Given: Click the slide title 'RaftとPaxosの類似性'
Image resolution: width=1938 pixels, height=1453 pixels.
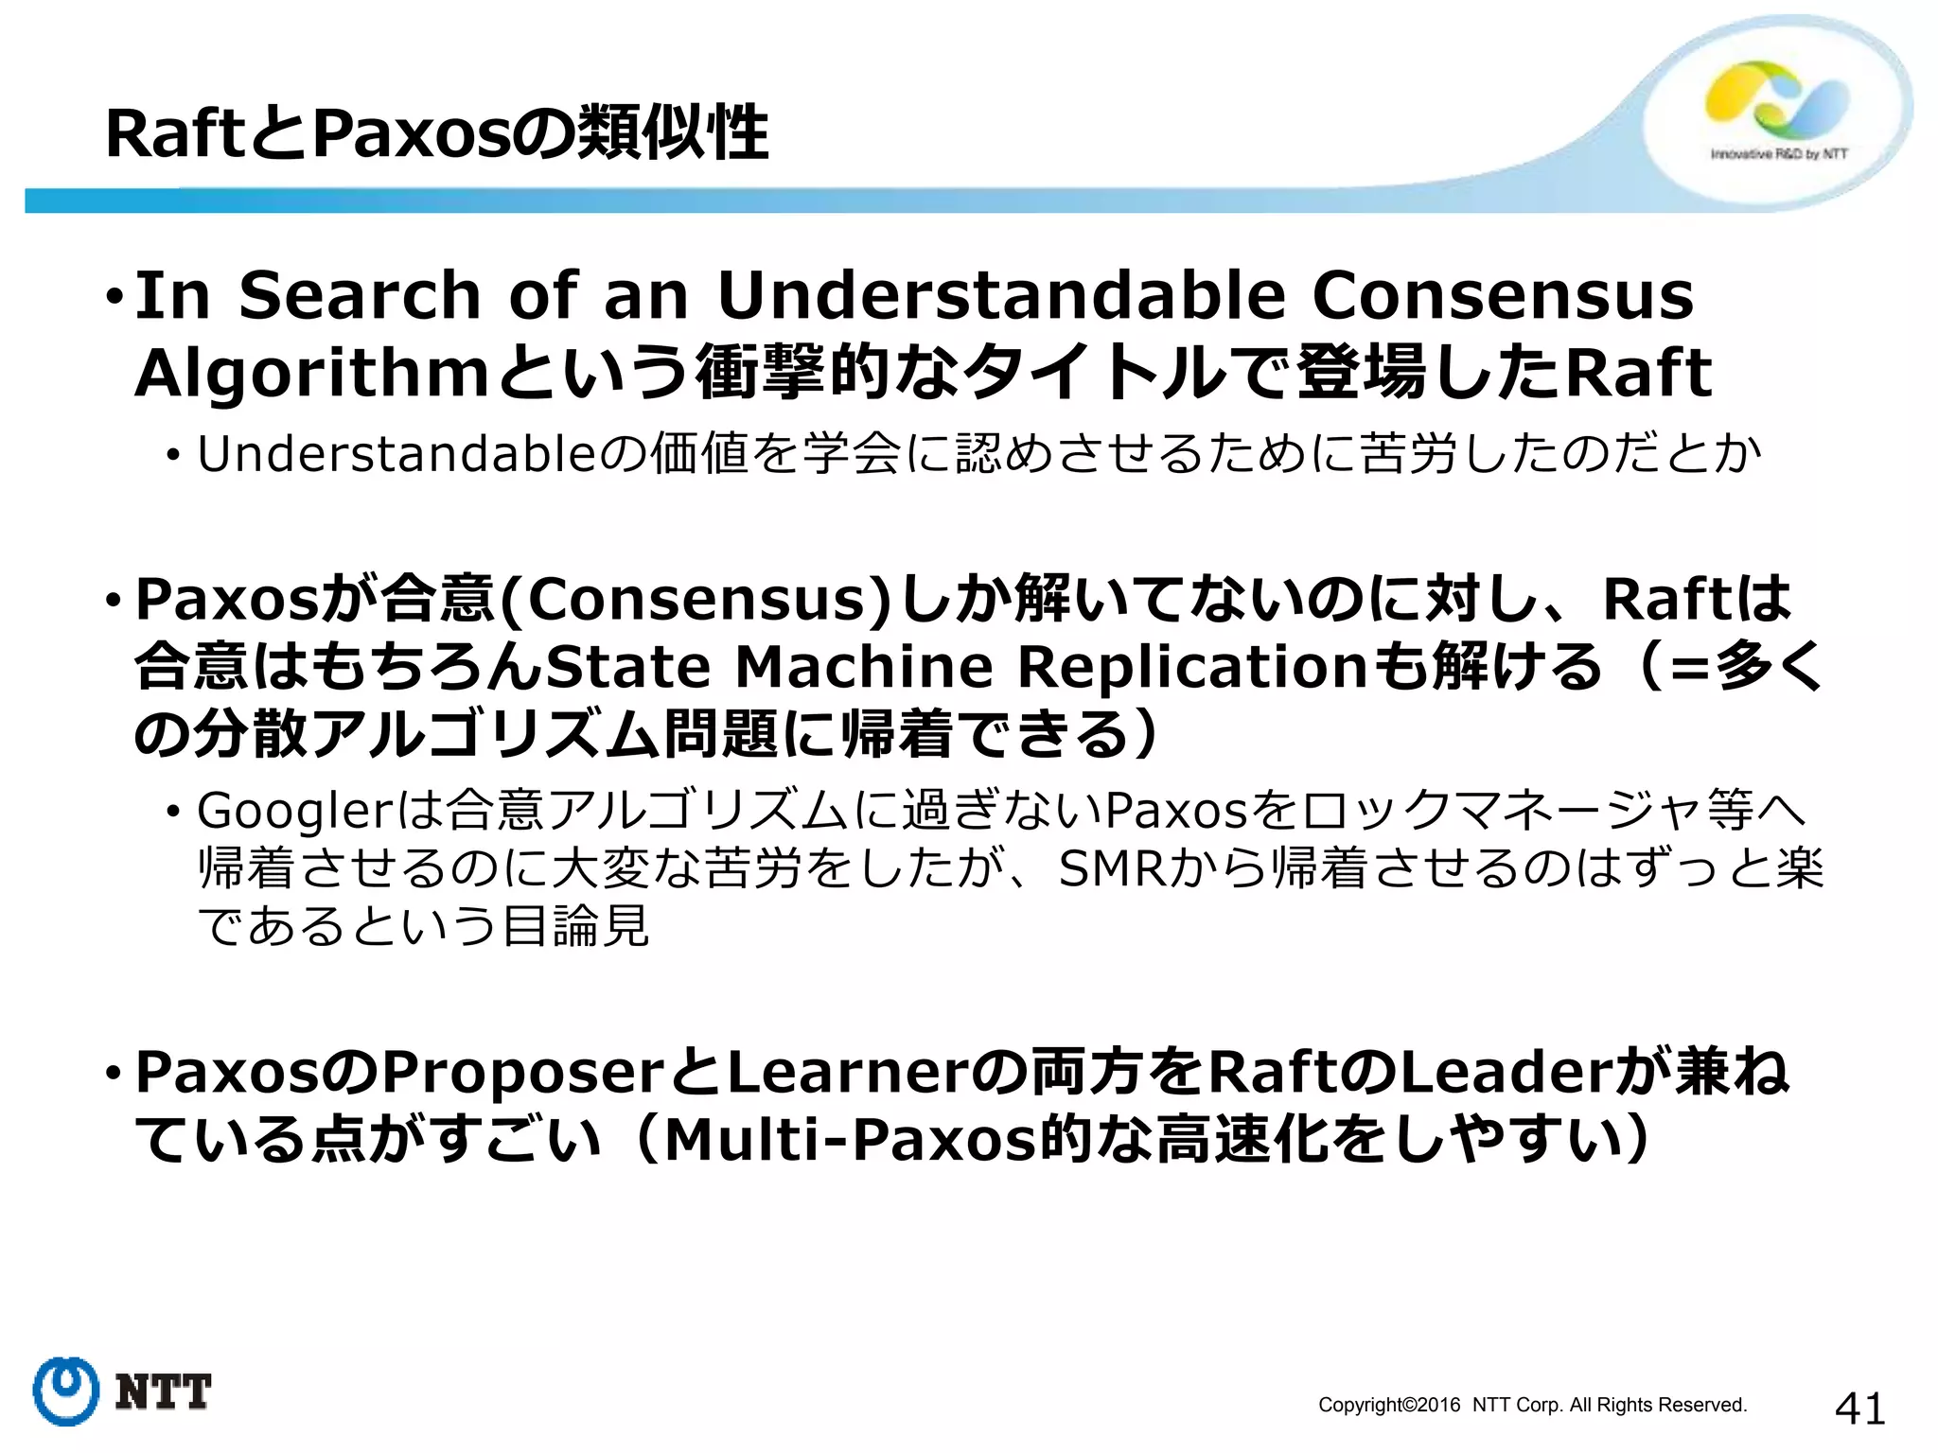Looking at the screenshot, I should [436, 133].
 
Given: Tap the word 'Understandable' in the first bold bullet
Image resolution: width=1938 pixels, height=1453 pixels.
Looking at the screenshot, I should [1001, 295].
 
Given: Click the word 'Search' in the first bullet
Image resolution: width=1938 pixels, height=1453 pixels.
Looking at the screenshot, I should [361, 295].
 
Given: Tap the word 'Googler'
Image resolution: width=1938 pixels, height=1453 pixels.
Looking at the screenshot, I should [294, 810].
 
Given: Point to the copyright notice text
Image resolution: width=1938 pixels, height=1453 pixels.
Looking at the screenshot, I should [1532, 1405].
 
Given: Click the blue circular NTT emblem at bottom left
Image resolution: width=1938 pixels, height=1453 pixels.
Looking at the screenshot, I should [65, 1391].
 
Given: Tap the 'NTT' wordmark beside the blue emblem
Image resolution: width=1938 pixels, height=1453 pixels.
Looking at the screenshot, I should [163, 1392].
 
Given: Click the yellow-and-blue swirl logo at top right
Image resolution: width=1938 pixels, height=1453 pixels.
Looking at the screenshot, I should [1776, 101].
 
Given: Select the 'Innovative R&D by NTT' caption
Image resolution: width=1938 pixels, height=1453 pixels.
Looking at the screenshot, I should [1779, 154].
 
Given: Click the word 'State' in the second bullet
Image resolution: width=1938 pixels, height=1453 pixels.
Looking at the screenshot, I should [628, 666].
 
